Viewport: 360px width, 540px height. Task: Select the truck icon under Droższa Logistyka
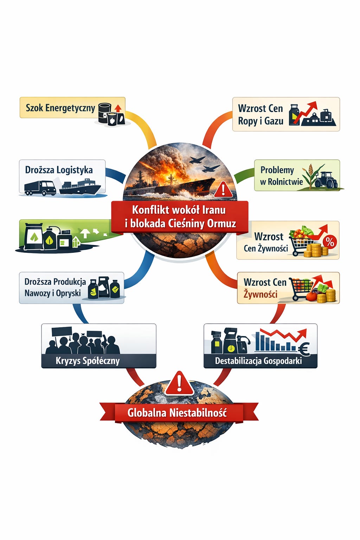click(x=40, y=188)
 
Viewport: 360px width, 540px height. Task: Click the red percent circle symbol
click(x=329, y=242)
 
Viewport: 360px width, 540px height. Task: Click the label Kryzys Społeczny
click(x=88, y=361)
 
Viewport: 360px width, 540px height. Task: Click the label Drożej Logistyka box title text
click(x=59, y=170)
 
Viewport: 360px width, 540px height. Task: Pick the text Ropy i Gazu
click(x=261, y=121)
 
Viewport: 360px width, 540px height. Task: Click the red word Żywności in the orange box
click(x=261, y=294)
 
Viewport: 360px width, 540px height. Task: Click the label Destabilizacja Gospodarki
click(x=258, y=361)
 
